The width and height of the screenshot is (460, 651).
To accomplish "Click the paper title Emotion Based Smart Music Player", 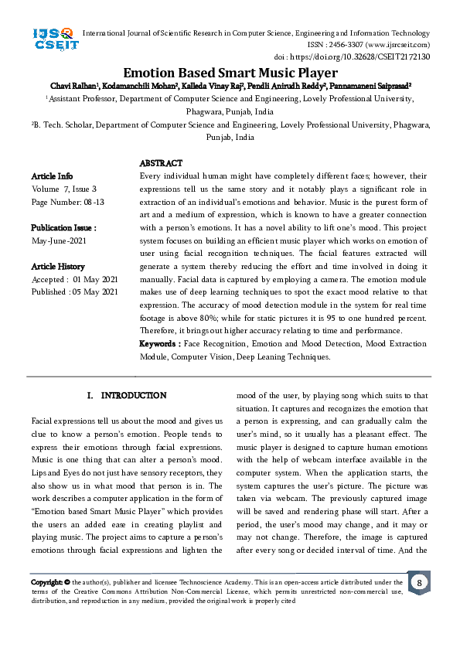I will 230,73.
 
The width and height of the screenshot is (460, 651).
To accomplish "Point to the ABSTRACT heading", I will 161,164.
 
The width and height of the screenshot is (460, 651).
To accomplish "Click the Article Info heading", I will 52,176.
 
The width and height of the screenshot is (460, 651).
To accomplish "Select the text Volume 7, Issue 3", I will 64,189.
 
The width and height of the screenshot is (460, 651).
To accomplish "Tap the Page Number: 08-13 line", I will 68,202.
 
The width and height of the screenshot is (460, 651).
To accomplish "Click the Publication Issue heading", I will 63,228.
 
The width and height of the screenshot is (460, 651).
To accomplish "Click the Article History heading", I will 58,266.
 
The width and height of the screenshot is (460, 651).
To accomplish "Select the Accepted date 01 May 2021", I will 75,279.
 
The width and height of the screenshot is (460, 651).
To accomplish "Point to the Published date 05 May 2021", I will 75,291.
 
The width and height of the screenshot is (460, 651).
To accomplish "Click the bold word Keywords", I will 159,344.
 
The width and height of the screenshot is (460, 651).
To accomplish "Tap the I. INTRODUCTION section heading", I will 127,396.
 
